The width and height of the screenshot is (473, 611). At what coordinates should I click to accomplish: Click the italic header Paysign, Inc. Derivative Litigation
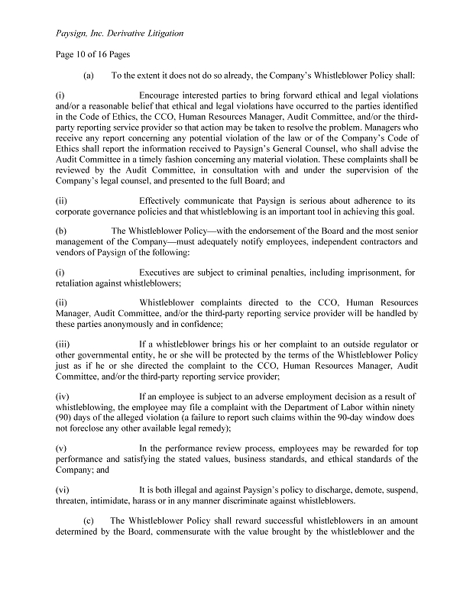[121, 34]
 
